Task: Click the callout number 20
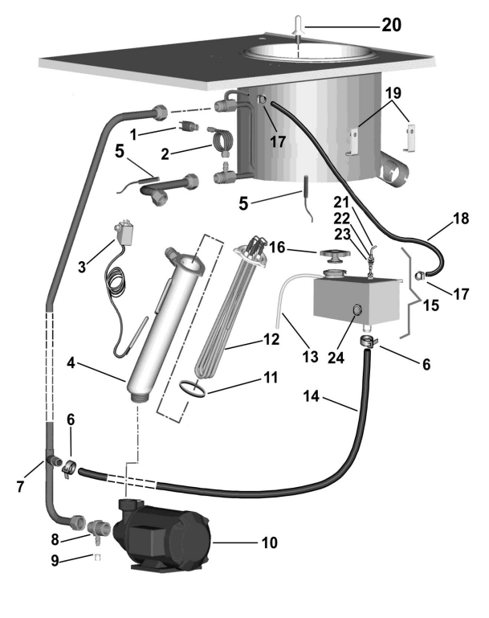391,25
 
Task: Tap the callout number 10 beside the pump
269,542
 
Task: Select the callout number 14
311,396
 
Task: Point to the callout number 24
336,358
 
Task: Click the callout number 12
271,339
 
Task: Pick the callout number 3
82,267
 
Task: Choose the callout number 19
393,93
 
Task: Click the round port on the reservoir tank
357,310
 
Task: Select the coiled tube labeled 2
223,142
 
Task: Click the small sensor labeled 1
189,126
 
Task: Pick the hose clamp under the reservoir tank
368,342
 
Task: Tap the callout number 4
71,362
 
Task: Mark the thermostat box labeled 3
123,232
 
